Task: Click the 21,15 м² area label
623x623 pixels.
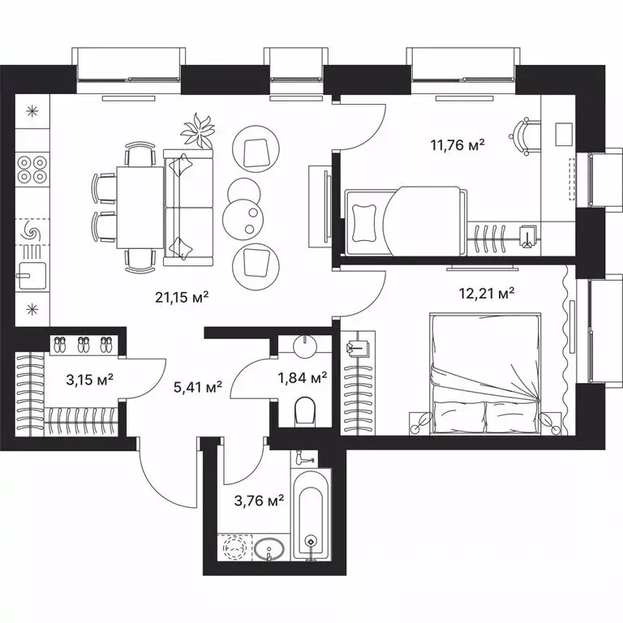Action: click(x=183, y=298)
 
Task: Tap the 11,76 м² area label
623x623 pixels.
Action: click(x=457, y=146)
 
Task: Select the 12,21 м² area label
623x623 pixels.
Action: click(x=488, y=293)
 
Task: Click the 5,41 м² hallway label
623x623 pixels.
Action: click(x=198, y=389)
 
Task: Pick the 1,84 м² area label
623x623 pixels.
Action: click(x=302, y=377)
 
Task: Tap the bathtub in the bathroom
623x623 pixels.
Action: click(x=310, y=515)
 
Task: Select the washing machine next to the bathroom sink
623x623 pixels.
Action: click(x=234, y=549)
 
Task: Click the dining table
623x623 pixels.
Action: click(x=140, y=206)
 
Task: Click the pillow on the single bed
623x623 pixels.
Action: click(x=365, y=220)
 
